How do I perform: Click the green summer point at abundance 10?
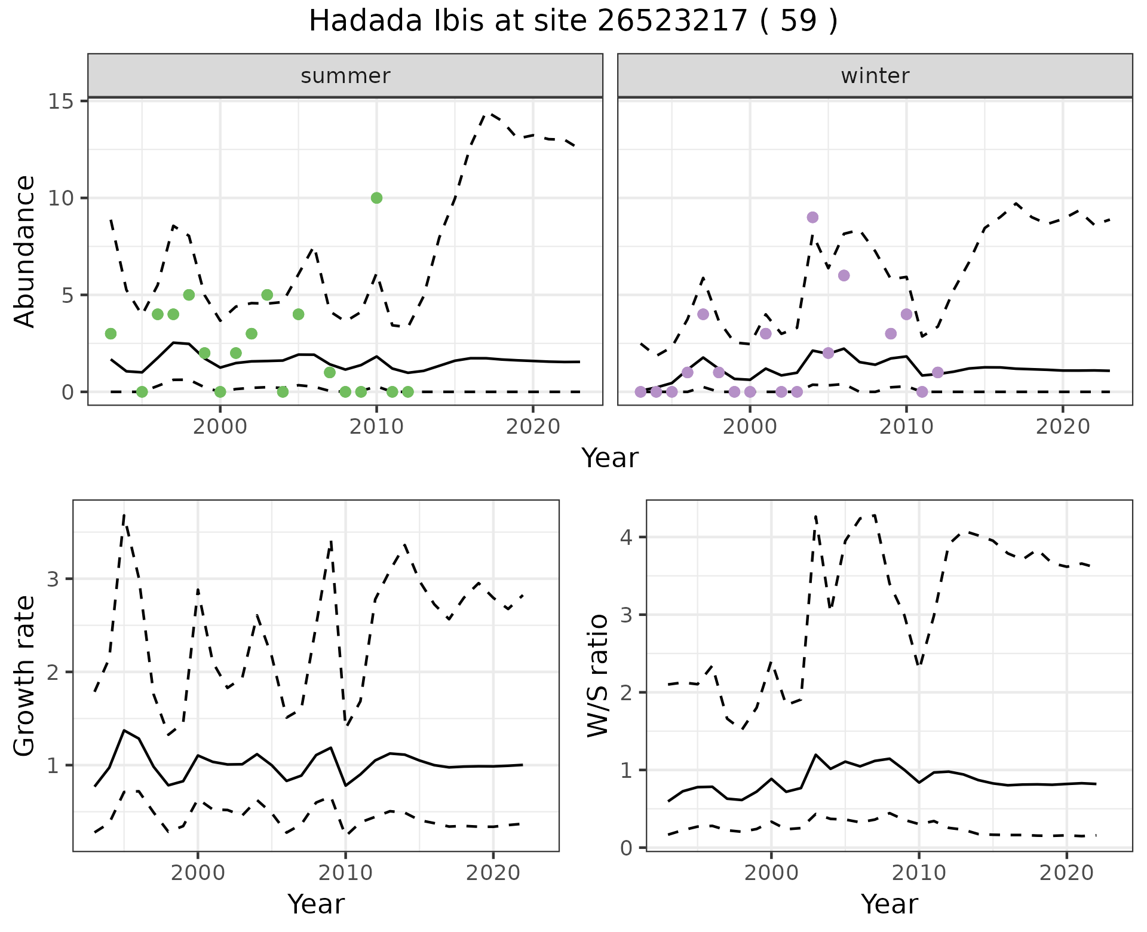[x=376, y=198]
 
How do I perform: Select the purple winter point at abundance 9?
[x=812, y=217]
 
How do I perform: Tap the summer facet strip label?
[x=345, y=76]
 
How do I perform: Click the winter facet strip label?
[x=875, y=76]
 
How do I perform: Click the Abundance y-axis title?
[x=25, y=252]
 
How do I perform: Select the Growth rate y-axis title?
[x=25, y=676]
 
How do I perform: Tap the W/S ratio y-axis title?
[x=598, y=676]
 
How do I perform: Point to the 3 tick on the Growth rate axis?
[x=60, y=579]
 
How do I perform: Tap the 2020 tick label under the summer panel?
[x=532, y=427]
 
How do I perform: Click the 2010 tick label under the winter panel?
[x=906, y=427]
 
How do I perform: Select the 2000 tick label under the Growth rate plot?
[x=198, y=873]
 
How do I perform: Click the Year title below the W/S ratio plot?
[x=889, y=904]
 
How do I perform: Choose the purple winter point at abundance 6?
[x=844, y=275]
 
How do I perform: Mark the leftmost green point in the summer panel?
[x=111, y=333]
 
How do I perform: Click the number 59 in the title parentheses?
[x=798, y=22]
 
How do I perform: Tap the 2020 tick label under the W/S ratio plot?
[x=1066, y=873]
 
